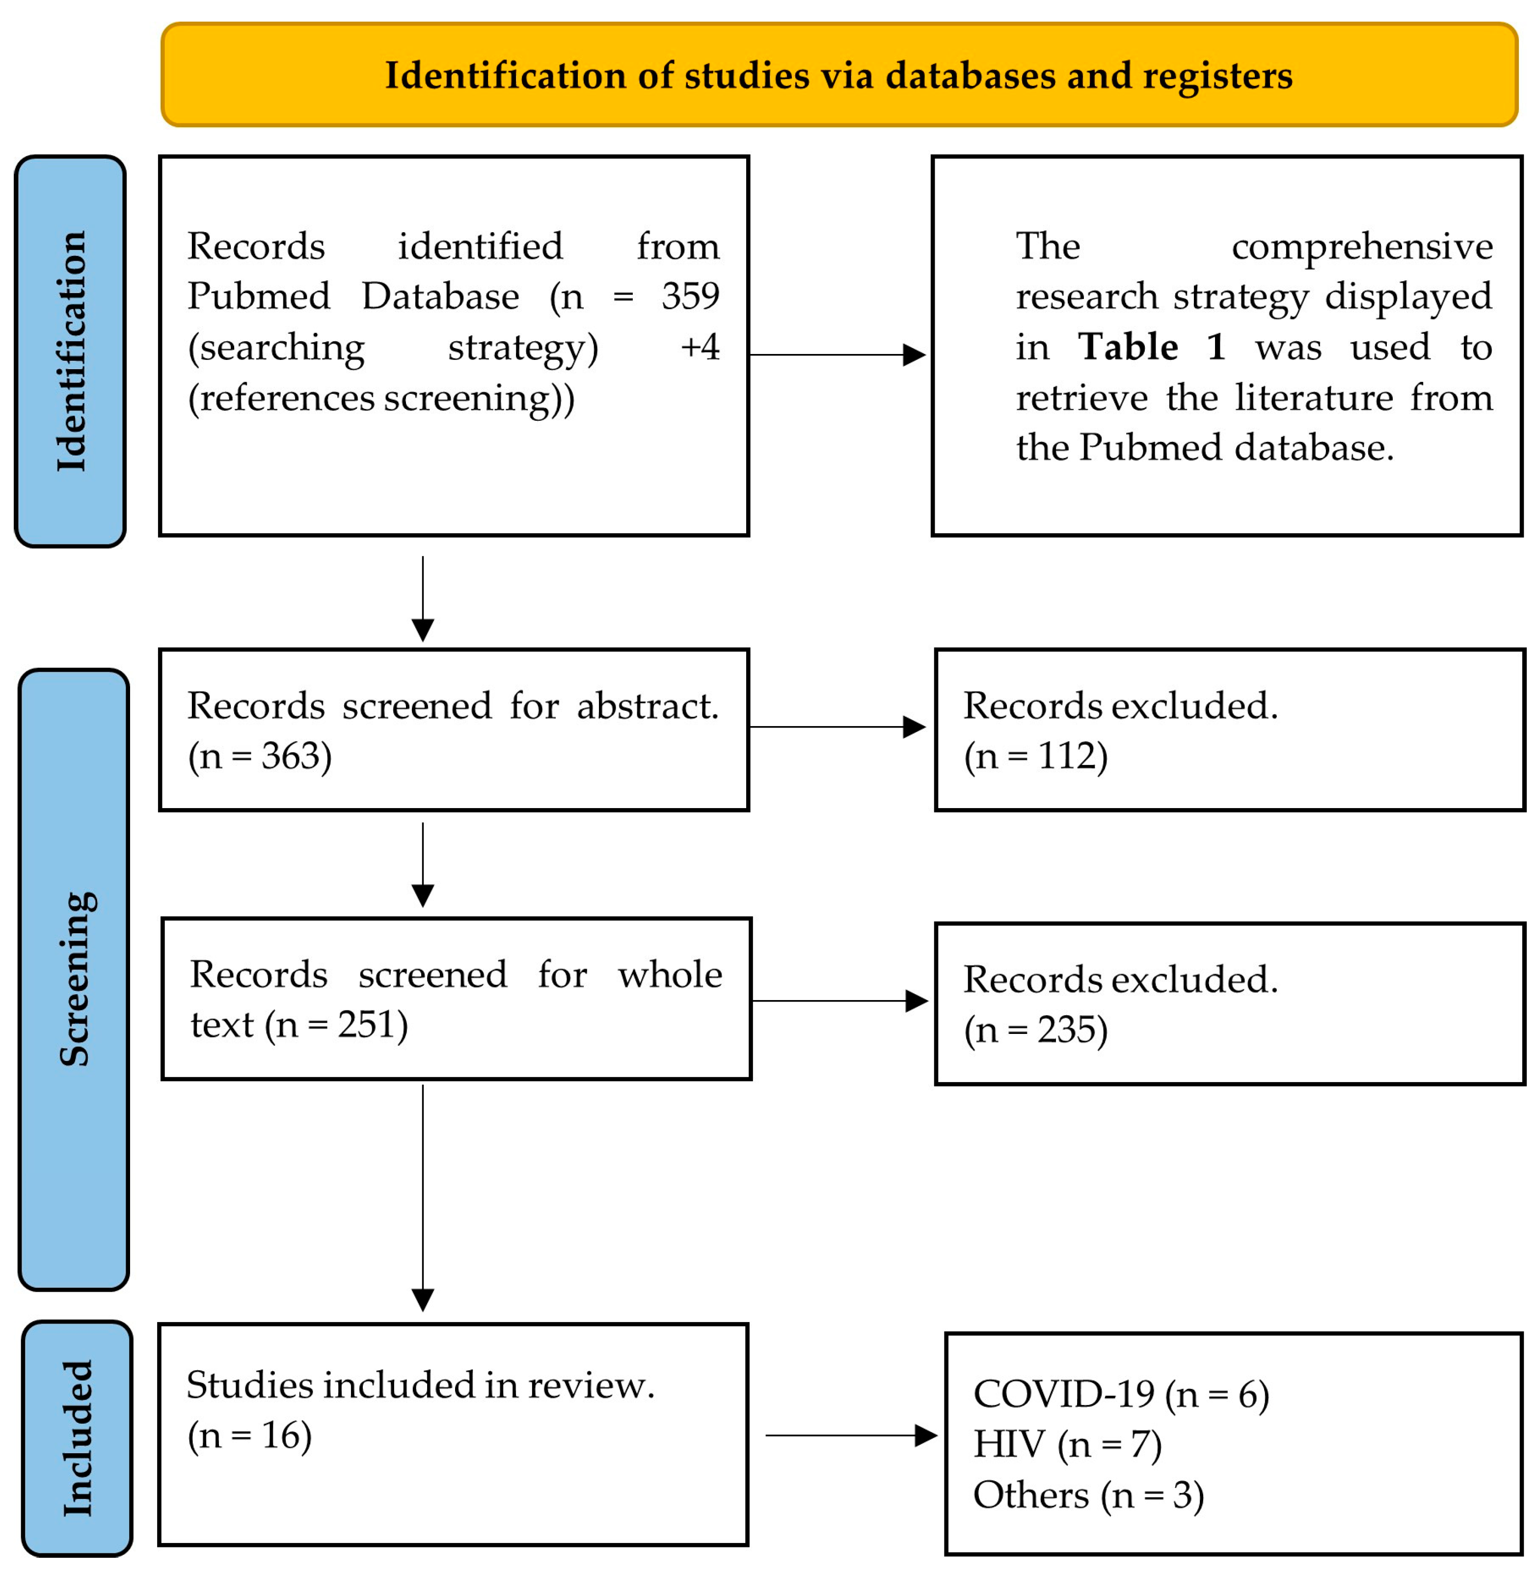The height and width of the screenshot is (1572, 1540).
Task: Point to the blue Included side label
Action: pos(78,1437)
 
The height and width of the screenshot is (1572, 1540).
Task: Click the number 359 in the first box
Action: pos(690,296)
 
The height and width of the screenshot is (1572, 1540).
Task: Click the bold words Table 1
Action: pos(1151,347)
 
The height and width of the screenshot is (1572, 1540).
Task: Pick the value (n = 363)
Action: pos(260,757)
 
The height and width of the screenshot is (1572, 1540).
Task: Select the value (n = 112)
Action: pos(1035,757)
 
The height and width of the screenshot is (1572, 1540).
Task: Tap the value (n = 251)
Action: pos(340,1025)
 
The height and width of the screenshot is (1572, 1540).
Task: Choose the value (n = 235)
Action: pos(1035,1030)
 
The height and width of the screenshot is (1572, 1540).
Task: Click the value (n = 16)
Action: pos(249,1435)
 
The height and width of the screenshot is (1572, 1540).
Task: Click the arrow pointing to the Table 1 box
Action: pos(837,354)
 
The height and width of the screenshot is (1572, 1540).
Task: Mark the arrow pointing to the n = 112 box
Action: pos(837,727)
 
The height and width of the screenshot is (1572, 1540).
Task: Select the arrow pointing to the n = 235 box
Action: pos(839,1001)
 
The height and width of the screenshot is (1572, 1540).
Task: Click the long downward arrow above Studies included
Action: pos(423,1197)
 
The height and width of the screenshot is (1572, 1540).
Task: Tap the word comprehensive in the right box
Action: pos(1362,247)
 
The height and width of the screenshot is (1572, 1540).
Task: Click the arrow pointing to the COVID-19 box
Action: pos(851,1435)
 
